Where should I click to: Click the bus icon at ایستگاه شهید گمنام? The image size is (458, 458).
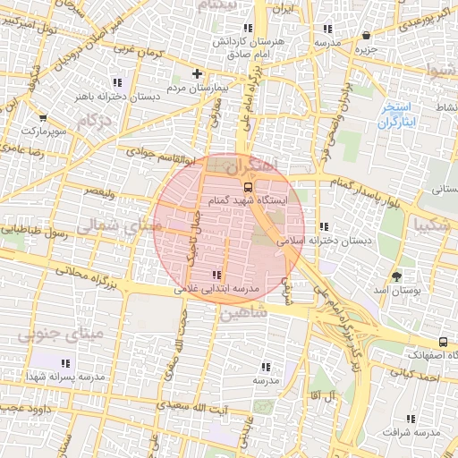click(x=248, y=188)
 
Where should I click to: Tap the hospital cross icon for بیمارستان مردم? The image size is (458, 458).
click(x=199, y=73)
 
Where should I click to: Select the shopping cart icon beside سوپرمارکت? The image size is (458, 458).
click(x=43, y=116)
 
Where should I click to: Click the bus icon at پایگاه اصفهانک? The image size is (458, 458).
click(x=443, y=342)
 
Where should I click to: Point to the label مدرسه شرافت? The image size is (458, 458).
click(x=412, y=433)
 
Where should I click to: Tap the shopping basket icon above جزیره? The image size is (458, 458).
click(x=367, y=36)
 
